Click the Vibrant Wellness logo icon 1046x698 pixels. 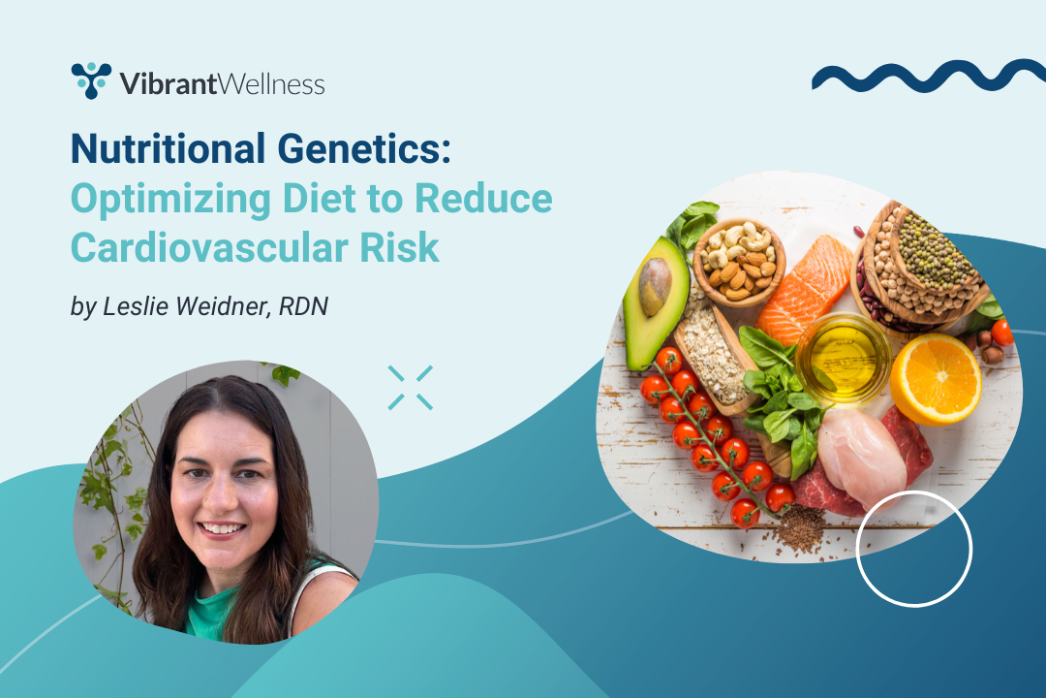point(91,80)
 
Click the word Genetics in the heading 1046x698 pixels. point(363,148)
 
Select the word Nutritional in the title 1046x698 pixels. point(169,148)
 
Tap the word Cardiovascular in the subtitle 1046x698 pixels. point(209,248)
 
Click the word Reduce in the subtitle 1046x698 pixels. point(483,199)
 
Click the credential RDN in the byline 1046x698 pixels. point(303,306)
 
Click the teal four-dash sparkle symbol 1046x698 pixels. point(411,388)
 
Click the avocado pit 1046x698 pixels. point(655,286)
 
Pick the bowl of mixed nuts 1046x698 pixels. point(739,261)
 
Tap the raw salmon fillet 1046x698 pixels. point(804,290)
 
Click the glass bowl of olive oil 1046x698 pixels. point(844,359)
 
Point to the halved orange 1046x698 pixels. point(936,379)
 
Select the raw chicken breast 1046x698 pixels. point(861,458)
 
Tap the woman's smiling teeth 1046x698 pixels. point(222,528)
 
